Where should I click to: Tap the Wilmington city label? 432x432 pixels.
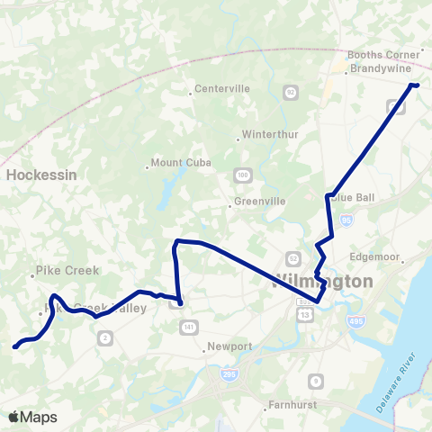[x=322, y=281]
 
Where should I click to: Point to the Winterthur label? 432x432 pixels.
[x=266, y=138]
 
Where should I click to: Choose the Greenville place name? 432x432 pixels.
[x=259, y=201]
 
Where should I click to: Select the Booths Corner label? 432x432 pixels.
[x=384, y=54]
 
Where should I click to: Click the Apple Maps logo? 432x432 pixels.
[x=32, y=417]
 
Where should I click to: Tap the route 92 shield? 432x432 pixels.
[x=290, y=92]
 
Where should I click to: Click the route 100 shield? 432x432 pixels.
[x=243, y=173]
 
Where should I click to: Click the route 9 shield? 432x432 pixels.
[x=314, y=382]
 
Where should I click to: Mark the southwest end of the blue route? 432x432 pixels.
[x=14, y=346]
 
